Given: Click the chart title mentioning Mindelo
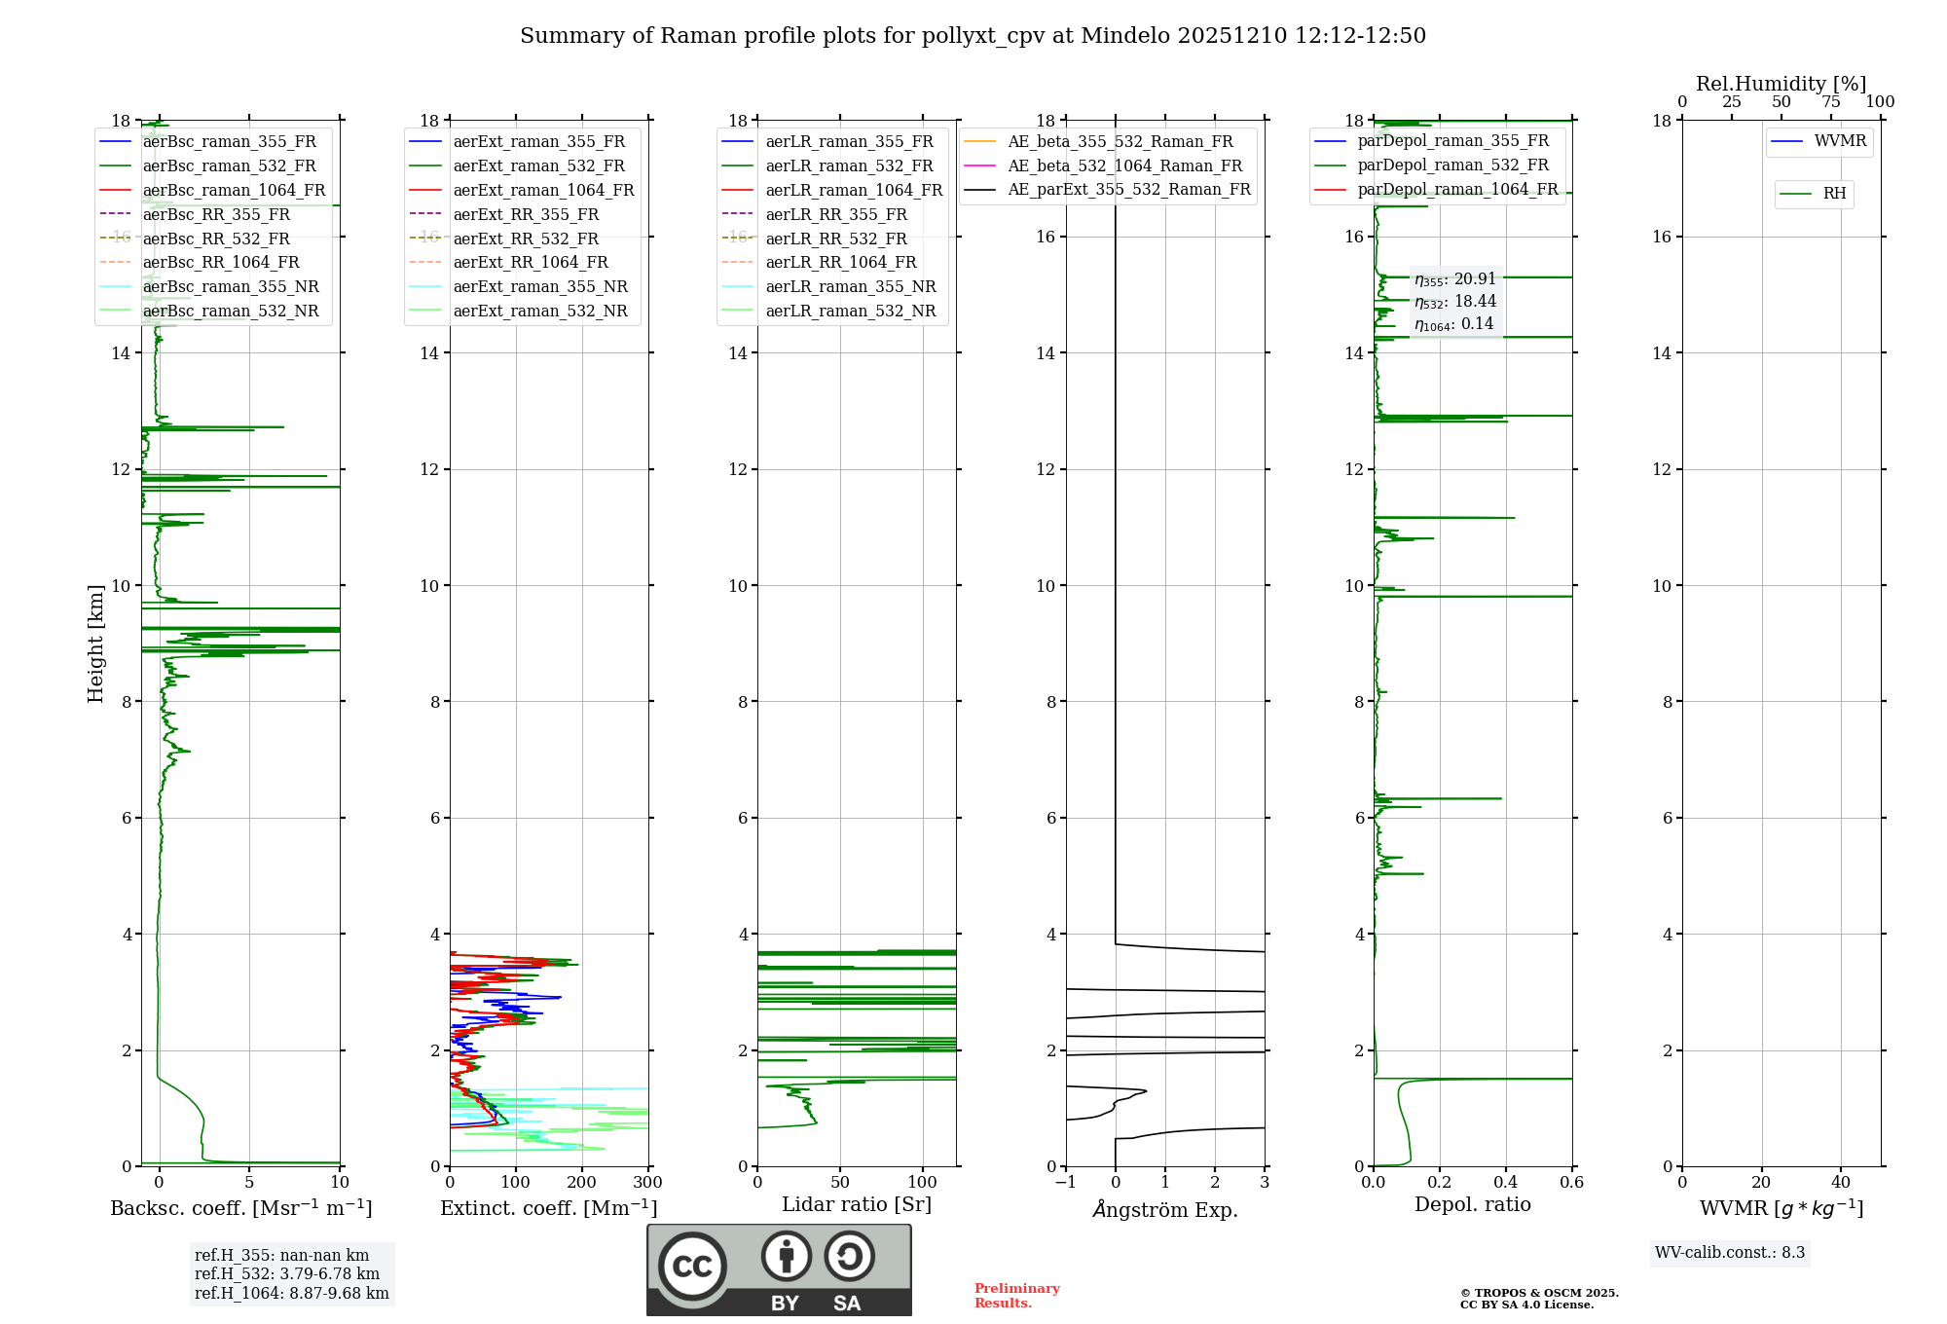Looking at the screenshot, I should [x=973, y=36].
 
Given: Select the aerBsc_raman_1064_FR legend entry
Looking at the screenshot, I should [x=234, y=190].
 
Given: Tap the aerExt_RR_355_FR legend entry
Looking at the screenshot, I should [x=526, y=214].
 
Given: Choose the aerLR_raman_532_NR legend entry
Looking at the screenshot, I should [x=850, y=311].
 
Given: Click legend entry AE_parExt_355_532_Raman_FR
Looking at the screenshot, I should [x=1129, y=189].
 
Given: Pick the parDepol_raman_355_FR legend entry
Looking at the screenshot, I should [x=1452, y=141].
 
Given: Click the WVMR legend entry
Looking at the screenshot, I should [x=1840, y=141].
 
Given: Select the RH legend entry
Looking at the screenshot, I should [x=1834, y=194].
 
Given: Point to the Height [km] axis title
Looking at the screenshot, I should [x=95, y=643].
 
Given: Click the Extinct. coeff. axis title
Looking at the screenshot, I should [x=548, y=1208].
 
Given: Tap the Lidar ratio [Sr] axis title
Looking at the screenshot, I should [x=857, y=1204].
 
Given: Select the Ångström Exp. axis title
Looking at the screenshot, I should [x=1164, y=1209].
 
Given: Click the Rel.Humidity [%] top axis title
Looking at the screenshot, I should [x=1781, y=84].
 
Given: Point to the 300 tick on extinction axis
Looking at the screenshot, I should [x=647, y=1183].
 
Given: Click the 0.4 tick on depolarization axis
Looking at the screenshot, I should [x=1506, y=1183].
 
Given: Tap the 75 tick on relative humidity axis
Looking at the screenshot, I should [x=1831, y=102].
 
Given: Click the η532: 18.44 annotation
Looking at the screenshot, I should [x=1455, y=302].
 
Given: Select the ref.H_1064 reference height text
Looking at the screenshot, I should [x=291, y=1294].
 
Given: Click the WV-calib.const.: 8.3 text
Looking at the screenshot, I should [x=1730, y=1253].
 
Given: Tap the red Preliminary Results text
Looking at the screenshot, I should [x=1016, y=1296].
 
